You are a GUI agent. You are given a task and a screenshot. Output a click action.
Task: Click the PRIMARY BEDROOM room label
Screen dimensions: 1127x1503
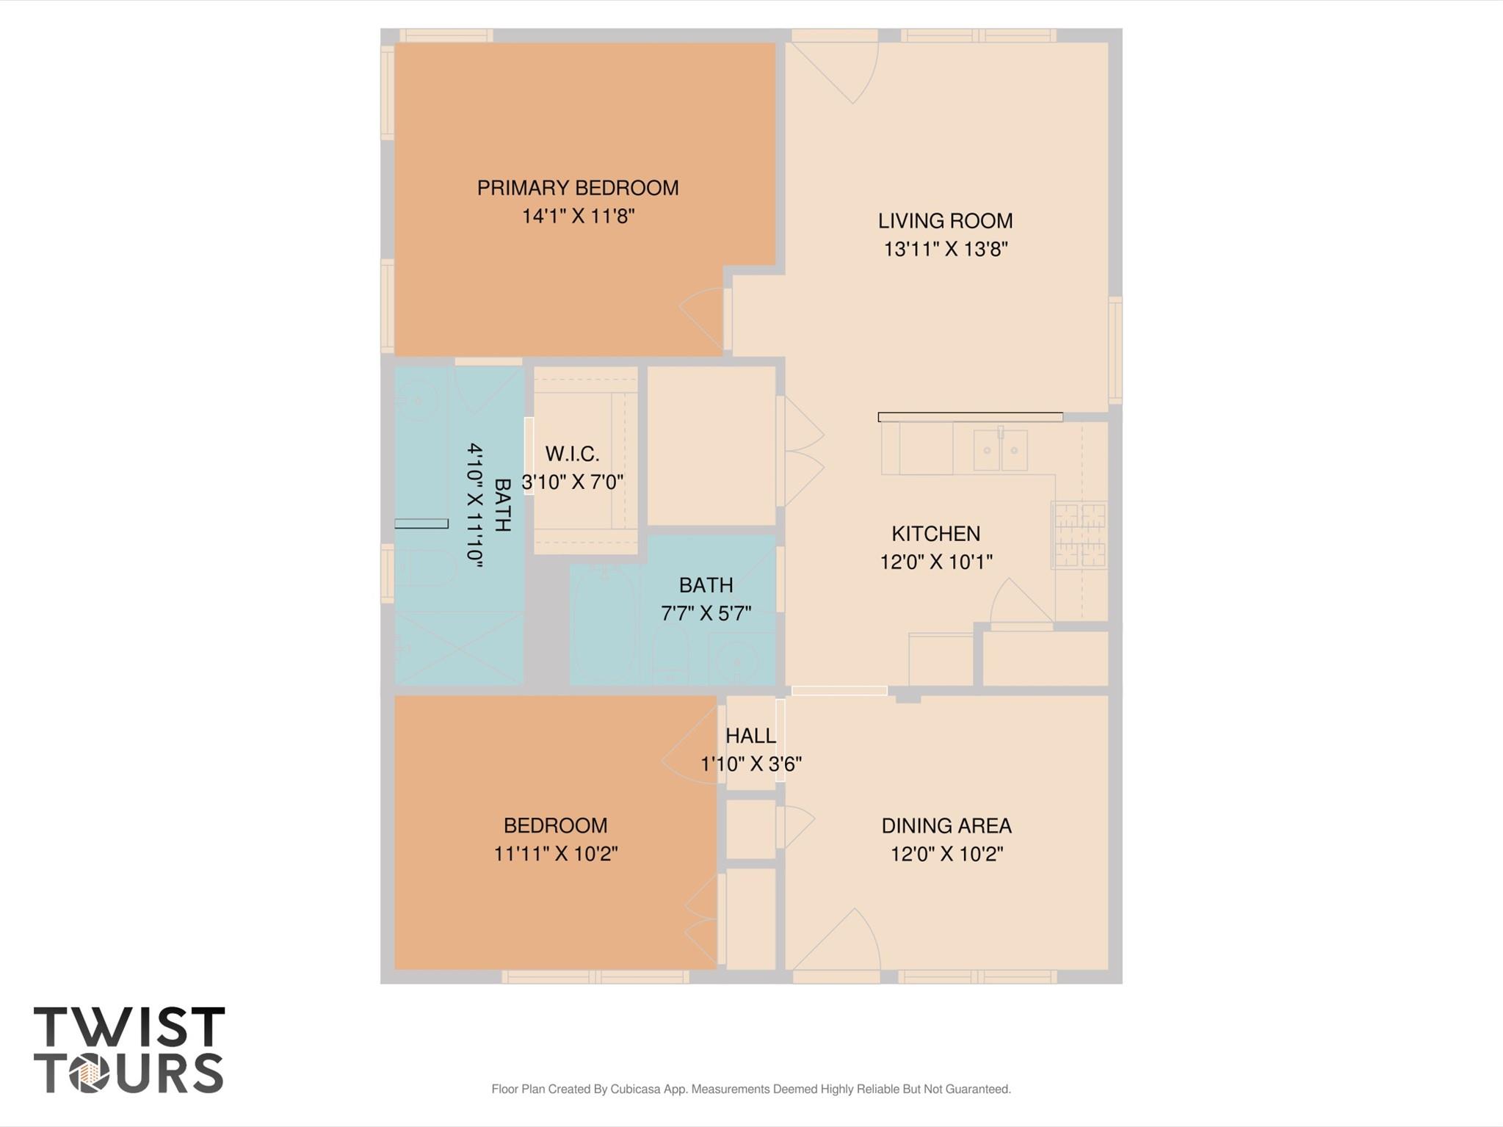click(x=577, y=188)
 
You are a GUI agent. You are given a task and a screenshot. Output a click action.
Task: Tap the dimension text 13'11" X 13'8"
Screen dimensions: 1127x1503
click(x=945, y=250)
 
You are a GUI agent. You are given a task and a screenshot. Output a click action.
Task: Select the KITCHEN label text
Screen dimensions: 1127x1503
click(x=935, y=534)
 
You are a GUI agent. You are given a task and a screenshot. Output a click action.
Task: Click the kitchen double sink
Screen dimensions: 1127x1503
click(x=999, y=450)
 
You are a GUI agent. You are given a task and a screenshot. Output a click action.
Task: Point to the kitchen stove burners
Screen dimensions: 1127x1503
click(x=1079, y=535)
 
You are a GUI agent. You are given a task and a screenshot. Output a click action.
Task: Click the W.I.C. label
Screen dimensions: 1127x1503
click(x=572, y=454)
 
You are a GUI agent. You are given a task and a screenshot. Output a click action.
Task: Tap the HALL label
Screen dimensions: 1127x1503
click(x=750, y=736)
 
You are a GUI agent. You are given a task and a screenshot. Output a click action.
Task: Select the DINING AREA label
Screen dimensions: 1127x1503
click(x=946, y=826)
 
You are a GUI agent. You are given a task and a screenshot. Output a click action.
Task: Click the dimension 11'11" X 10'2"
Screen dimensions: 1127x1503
click(x=555, y=854)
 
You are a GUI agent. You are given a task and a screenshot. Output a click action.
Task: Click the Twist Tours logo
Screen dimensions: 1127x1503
click(x=128, y=1050)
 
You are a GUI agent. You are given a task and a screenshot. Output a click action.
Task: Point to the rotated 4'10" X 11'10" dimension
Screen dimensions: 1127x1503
click(x=476, y=505)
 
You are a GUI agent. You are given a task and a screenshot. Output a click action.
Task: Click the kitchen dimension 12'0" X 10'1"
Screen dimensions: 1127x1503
click(x=935, y=562)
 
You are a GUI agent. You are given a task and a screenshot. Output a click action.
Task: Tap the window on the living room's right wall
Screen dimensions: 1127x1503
click(x=1115, y=350)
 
